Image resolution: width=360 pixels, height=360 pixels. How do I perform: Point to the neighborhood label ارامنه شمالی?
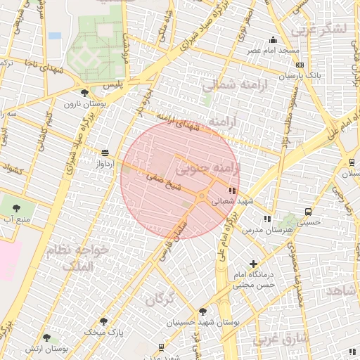pos(226,85)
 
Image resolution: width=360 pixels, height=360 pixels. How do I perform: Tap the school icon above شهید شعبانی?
pos(232,191)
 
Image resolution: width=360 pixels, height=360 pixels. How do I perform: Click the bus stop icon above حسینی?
pos(308,212)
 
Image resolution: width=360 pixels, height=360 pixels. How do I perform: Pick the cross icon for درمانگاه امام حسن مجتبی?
pos(254,264)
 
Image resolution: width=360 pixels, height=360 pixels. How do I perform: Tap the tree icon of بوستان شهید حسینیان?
pos(203,311)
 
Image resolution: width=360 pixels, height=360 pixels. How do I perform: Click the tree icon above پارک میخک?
pos(104,321)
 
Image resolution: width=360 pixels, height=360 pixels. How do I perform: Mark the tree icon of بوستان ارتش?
pos(46,338)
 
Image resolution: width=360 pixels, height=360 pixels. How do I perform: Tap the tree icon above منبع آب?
pos(17,208)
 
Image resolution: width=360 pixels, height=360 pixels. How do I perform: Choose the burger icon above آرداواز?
pos(105,153)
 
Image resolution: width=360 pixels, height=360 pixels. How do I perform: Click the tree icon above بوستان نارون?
pos(85,93)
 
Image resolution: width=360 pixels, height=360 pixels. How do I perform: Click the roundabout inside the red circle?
pos(202,195)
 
